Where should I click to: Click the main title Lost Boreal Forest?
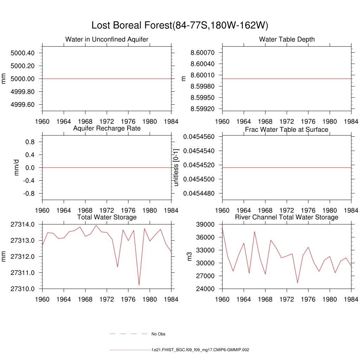point(180,25)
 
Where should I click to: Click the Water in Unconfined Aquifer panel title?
point(107,39)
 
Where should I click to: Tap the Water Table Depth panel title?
point(287,39)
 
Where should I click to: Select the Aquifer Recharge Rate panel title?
point(107,128)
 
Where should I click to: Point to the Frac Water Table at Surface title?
point(287,130)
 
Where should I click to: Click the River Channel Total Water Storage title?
point(287,217)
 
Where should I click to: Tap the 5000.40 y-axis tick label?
point(22,53)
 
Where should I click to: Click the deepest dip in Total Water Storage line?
point(139,285)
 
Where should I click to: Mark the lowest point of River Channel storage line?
point(297,283)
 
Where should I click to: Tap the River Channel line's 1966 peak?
point(255,231)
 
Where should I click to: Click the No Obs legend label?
point(158,334)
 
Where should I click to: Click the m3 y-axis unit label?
point(190,256)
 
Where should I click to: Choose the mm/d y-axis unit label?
point(17,168)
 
